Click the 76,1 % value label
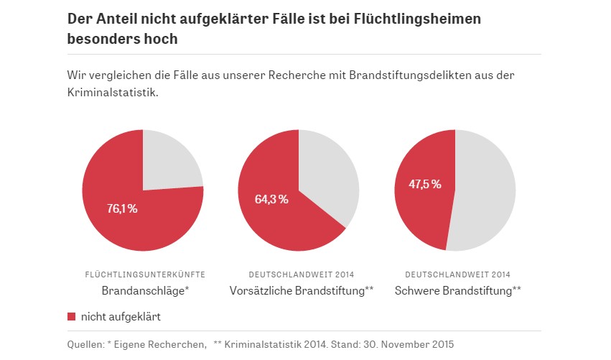(x=121, y=209)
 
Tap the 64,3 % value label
(x=271, y=199)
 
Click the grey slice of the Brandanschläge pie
(x=170, y=162)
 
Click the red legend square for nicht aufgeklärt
(x=71, y=315)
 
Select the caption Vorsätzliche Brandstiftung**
(x=302, y=291)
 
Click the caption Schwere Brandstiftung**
(x=457, y=291)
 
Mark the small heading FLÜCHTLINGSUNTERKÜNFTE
(x=145, y=274)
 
